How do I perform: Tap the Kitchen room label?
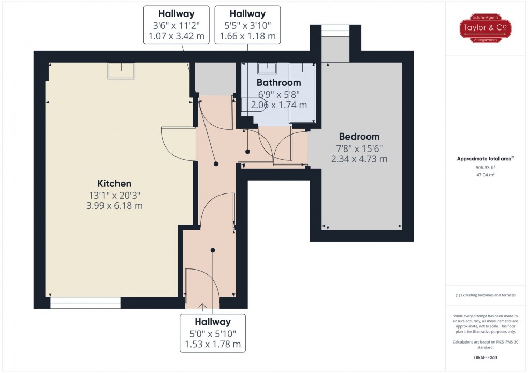tap(114, 183)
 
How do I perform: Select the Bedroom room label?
tap(359, 137)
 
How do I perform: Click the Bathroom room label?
tap(278, 83)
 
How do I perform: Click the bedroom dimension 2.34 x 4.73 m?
tap(359, 159)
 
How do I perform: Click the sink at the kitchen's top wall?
tap(121, 70)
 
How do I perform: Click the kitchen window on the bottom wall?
tap(85, 303)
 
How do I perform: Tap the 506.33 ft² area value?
tap(485, 168)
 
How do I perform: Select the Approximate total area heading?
tap(485, 159)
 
